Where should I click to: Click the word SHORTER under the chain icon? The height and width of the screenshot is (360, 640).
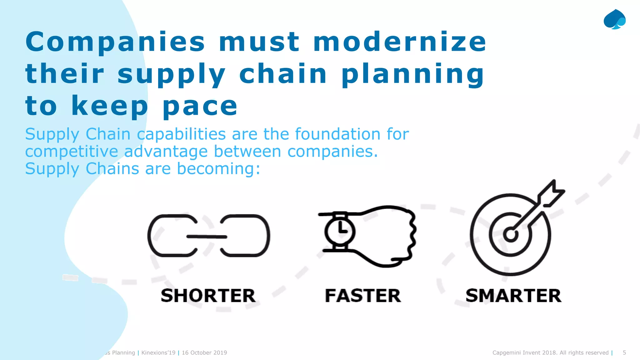(208, 296)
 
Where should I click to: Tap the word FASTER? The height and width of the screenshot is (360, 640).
(363, 296)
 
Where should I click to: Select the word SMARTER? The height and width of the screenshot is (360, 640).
(513, 296)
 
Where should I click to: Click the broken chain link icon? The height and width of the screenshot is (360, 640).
(208, 236)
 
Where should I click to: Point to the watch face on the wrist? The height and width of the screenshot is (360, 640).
(340, 232)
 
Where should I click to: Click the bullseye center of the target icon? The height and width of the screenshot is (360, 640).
(511, 234)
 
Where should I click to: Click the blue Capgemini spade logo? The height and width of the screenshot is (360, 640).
(614, 19)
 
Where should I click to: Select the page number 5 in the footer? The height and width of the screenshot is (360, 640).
(624, 352)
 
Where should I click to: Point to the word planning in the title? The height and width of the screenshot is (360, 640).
(412, 74)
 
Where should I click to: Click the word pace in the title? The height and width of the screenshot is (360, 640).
(200, 106)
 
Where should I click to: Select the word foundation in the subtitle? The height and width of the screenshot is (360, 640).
(338, 134)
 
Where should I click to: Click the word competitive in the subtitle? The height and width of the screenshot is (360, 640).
(72, 152)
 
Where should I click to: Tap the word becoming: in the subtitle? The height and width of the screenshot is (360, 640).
(218, 169)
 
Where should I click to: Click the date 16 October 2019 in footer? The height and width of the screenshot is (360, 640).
(204, 352)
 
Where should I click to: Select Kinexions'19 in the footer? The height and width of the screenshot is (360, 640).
(158, 352)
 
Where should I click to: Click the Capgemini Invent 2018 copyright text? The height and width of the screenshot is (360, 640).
(550, 352)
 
